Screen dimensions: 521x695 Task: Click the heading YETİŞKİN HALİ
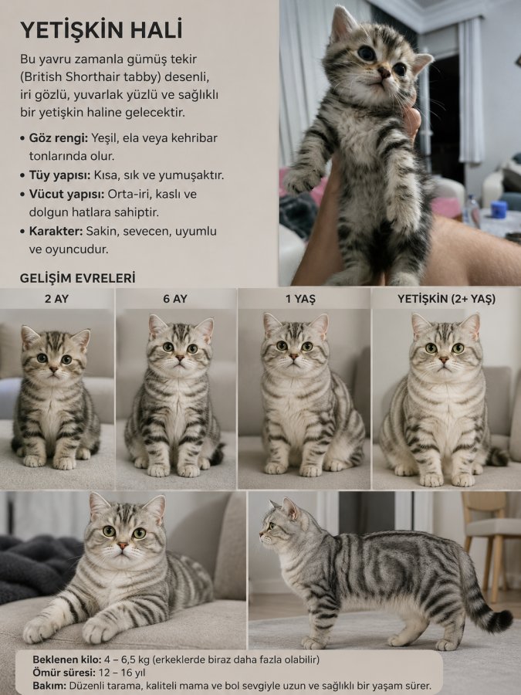click(101, 30)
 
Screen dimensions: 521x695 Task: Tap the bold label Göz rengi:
click(59, 138)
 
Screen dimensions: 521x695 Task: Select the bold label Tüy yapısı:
click(59, 175)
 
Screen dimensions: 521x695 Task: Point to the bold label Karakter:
click(56, 231)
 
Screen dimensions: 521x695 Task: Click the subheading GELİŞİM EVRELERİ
click(77, 278)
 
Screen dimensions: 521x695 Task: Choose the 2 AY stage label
click(56, 299)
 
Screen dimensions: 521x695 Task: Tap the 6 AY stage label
click(175, 299)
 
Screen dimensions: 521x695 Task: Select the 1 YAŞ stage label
click(300, 299)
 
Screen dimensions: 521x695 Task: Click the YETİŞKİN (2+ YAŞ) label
click(446, 299)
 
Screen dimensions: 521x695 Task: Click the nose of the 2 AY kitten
click(53, 369)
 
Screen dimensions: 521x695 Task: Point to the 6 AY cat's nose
click(179, 357)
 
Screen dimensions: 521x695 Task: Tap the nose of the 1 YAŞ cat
click(294, 356)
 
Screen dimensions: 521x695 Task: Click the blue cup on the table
click(499, 209)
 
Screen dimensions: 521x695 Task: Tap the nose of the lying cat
click(123, 545)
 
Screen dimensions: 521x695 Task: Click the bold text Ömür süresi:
click(64, 673)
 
